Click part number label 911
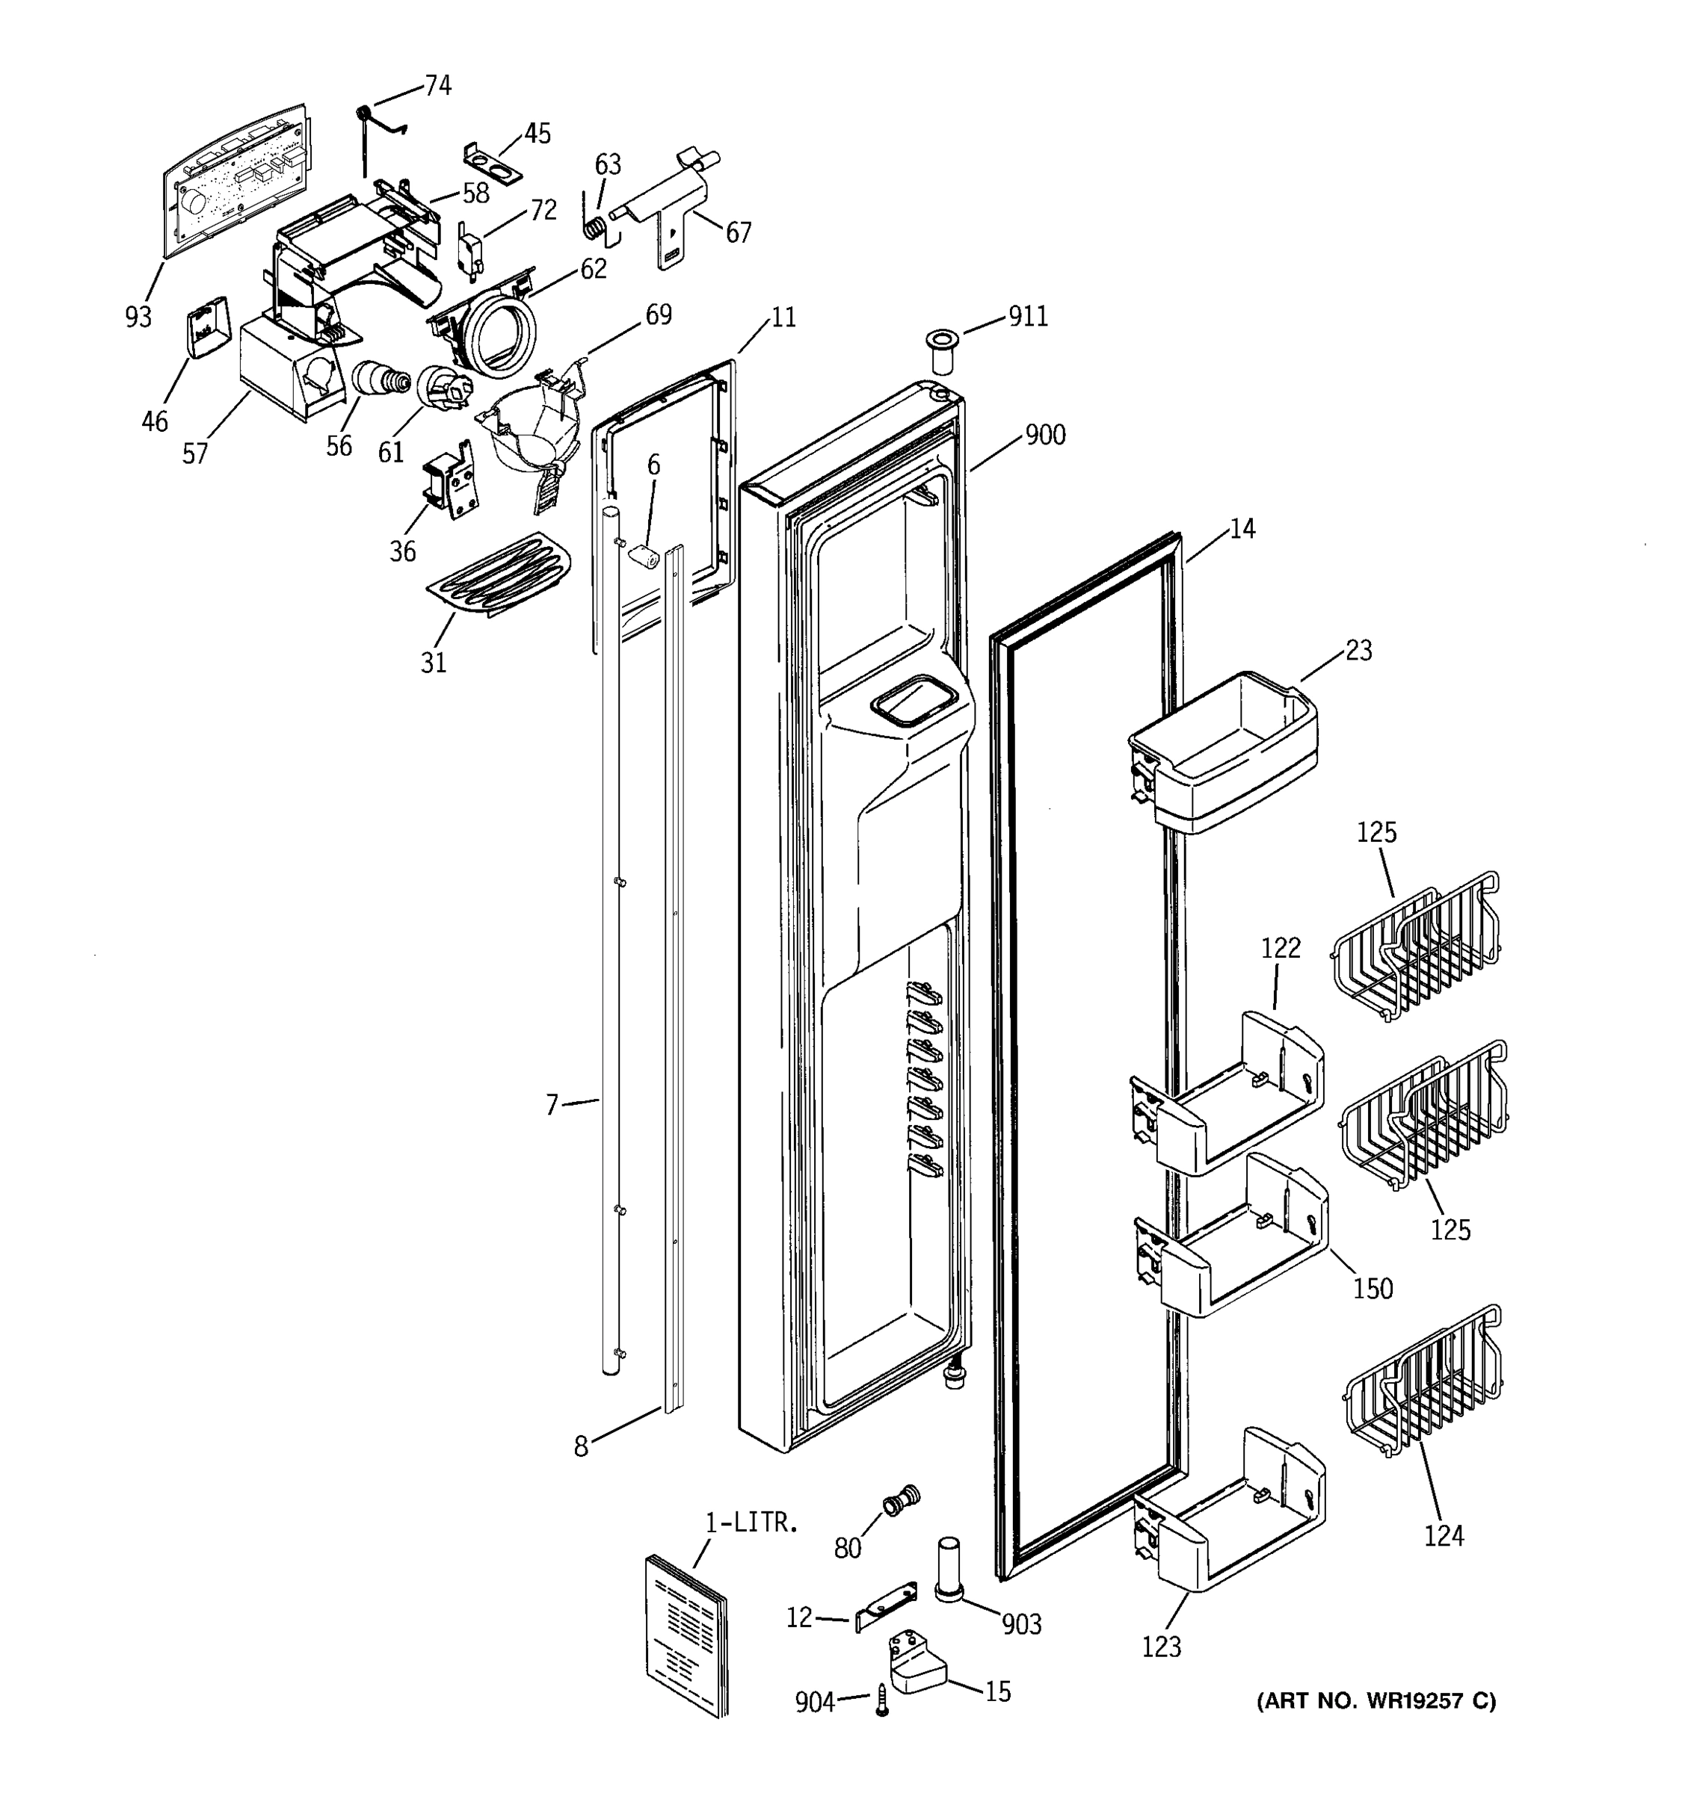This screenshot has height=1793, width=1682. [1028, 317]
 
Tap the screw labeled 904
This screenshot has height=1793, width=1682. [881, 1700]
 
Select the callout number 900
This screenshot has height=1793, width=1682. [1045, 435]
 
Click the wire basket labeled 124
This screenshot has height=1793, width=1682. [1424, 1384]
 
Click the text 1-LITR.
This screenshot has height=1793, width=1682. [751, 1524]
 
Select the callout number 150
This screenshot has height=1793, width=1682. [1372, 1288]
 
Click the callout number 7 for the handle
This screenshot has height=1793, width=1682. [552, 1104]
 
